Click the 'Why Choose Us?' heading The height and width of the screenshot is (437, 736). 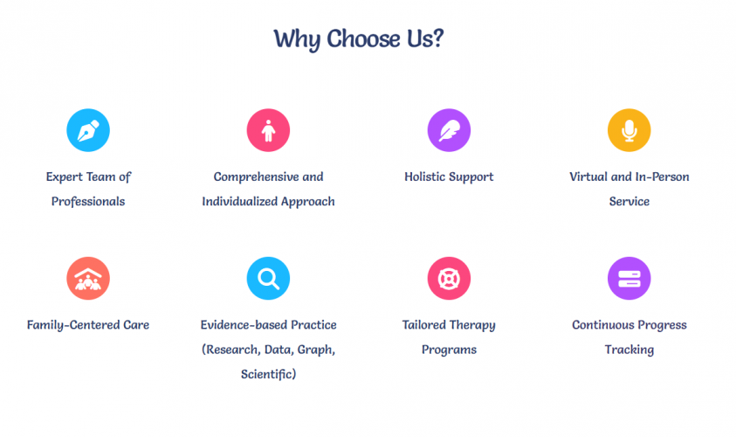coord(359,38)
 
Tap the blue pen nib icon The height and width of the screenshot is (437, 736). coord(88,130)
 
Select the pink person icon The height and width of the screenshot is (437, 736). coord(269,130)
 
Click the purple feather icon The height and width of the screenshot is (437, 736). coord(449,130)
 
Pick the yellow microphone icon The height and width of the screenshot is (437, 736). coord(629,130)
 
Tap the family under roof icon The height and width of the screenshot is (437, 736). coord(88,278)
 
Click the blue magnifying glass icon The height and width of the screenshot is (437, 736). coord(269,278)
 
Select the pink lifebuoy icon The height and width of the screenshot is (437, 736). coord(449,278)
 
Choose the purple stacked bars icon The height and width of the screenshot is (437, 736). coord(629,278)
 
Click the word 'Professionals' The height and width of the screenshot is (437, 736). coord(88,202)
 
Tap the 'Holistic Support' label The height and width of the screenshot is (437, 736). coord(449,177)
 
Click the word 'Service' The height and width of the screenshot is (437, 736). coord(629,202)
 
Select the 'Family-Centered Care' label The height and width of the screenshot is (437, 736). coord(88,325)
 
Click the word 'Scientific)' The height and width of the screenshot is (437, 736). coord(269,374)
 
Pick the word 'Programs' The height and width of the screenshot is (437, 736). coord(449,350)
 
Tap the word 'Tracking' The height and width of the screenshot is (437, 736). coord(629,350)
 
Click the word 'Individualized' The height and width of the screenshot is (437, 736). coord(240,202)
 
